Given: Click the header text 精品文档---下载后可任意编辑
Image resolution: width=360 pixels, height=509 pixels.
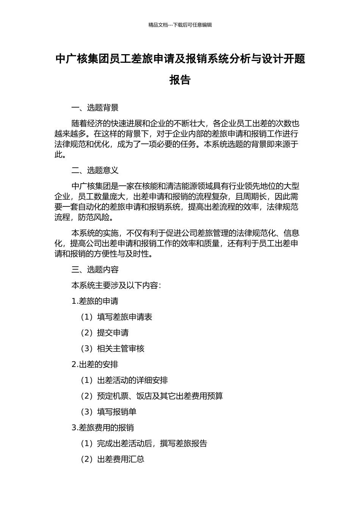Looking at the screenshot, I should pyautogui.click(x=180, y=25).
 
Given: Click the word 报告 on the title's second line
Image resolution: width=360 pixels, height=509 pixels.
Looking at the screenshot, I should pyautogui.click(x=180, y=80).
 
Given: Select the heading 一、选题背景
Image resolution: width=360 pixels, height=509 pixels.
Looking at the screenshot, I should pyautogui.click(x=95, y=108).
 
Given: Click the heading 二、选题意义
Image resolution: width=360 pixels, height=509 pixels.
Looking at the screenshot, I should pyautogui.click(x=95, y=170).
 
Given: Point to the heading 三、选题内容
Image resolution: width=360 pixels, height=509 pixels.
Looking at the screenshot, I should pyautogui.click(x=95, y=270).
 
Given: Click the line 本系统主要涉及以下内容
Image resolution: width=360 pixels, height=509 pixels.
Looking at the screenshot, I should pyautogui.click(x=116, y=286).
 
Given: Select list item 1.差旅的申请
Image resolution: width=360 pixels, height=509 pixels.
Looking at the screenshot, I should pyautogui.click(x=95, y=301).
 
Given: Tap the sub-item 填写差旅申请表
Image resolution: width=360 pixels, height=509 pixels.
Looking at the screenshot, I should pyautogui.click(x=124, y=317).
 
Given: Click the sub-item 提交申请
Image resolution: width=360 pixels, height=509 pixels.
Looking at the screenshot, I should pyautogui.click(x=113, y=333).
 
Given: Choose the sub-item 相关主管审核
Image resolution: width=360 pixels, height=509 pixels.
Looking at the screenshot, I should pyautogui.click(x=121, y=349).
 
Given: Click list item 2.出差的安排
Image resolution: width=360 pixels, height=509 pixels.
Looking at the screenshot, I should pyautogui.click(x=95, y=365).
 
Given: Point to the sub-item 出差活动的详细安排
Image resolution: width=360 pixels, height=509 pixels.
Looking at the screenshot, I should pyautogui.click(x=132, y=380).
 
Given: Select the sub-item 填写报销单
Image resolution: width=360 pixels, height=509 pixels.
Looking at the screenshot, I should pyautogui.click(x=116, y=412).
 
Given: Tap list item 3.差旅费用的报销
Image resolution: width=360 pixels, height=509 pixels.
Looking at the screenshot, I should pyautogui.click(x=103, y=428).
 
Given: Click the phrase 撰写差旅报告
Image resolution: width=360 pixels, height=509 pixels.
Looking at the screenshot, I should pyautogui.click(x=183, y=443).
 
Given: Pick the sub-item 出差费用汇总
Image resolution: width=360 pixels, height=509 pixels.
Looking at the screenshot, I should pyautogui.click(x=121, y=459).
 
